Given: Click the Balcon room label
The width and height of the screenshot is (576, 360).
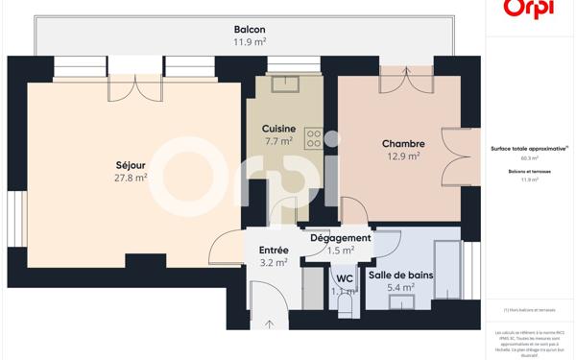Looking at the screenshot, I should pos(250,30).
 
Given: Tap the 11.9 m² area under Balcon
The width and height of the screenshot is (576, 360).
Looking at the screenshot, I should pos(250,42).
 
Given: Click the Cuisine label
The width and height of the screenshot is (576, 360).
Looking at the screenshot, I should pos(278,129).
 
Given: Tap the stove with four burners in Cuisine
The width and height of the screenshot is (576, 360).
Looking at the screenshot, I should pos(313,139).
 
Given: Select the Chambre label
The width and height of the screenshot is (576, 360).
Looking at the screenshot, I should pos(402,143).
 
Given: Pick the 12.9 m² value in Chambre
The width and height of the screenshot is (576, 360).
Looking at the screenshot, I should pos(402,156).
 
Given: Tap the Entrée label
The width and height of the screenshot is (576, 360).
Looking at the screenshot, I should pos(274,251).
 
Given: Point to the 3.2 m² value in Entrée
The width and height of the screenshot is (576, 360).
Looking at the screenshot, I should pos(274,263).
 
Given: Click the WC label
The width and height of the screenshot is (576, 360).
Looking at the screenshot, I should pos(345,278).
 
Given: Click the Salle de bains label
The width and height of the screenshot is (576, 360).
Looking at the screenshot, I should pos(401,275).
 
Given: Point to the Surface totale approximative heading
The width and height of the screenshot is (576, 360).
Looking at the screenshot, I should pos(529,149).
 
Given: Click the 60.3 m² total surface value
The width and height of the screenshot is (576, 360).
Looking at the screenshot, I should pos(529,158).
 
